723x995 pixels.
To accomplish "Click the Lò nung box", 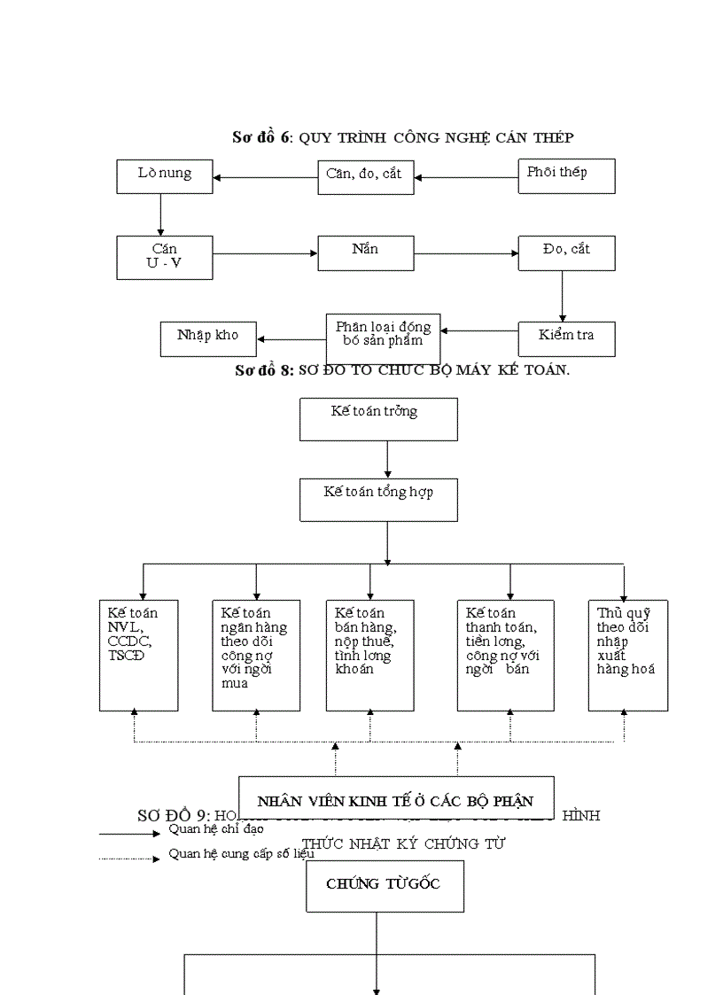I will click(x=165, y=176).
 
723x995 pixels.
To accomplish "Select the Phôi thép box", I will click(x=566, y=176).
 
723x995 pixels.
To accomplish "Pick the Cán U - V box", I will click(x=165, y=257).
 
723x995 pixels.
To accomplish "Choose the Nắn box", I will click(x=365, y=253).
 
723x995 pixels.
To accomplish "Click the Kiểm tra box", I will click(x=566, y=338).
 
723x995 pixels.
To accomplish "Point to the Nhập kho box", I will click(x=208, y=338).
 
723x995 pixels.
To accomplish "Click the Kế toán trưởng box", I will click(x=378, y=419).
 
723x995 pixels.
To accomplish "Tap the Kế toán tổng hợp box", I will click(x=378, y=500).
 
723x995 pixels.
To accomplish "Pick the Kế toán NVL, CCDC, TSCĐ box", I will click(x=138, y=655).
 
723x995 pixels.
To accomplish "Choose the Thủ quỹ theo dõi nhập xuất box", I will click(x=627, y=655).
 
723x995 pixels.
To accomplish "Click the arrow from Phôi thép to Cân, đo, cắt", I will click(x=466, y=177).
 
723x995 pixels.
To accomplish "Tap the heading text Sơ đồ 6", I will click(x=260, y=137).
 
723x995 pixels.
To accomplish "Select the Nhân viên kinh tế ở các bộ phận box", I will click(x=396, y=800).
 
